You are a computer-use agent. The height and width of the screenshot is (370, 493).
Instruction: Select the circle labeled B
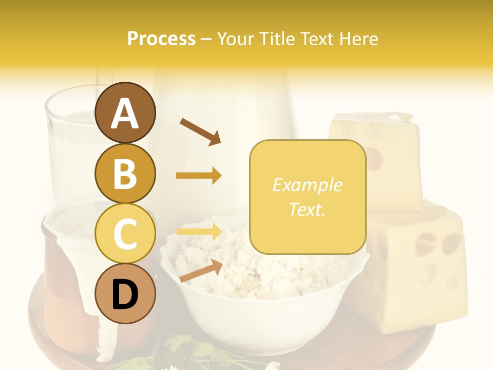click(x=125, y=173)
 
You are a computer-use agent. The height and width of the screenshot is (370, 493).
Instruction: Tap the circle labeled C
click(x=125, y=234)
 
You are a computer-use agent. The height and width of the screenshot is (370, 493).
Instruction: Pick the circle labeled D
click(x=125, y=294)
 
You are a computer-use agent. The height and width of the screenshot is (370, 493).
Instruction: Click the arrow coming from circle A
click(x=200, y=132)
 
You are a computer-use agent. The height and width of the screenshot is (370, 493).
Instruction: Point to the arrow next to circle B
click(x=199, y=176)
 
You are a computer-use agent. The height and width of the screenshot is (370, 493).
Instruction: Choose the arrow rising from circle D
click(x=201, y=271)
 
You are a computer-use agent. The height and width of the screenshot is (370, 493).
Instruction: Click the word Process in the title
click(x=161, y=39)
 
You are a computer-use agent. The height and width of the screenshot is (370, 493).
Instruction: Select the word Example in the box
click(x=307, y=186)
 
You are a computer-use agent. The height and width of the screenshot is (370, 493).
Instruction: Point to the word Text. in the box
click(x=307, y=210)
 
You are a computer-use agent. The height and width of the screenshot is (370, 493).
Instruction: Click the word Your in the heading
click(x=236, y=39)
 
